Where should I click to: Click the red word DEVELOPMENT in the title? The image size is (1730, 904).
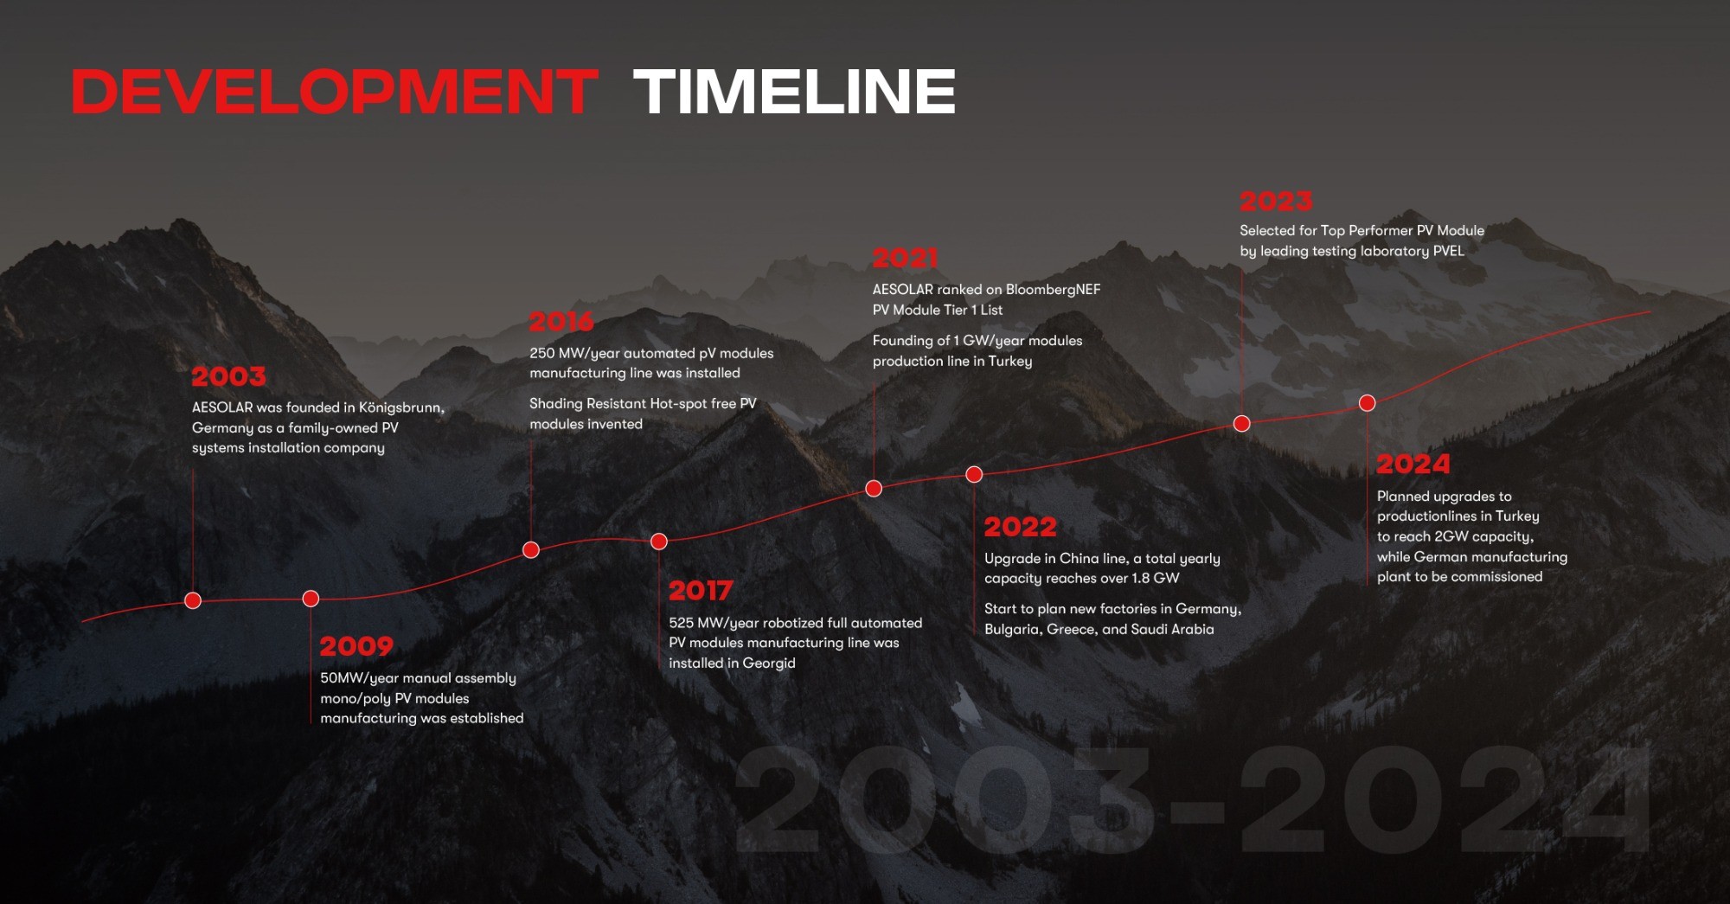click(335, 92)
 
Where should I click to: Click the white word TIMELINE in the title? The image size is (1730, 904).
click(795, 92)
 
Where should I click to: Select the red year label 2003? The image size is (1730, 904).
click(228, 376)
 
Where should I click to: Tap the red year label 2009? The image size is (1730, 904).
click(356, 646)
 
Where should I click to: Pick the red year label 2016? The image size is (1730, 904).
click(561, 322)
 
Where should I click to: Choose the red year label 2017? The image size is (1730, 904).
click(701, 591)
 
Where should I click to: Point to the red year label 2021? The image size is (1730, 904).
click(905, 258)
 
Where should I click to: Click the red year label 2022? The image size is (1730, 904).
click(1021, 527)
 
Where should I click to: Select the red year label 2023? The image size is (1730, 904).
click(1276, 202)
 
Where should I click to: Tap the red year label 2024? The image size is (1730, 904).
click(1413, 464)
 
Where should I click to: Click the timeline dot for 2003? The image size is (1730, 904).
click(193, 600)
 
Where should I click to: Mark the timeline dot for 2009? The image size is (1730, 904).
click(311, 599)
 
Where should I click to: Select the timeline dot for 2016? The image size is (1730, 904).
click(531, 549)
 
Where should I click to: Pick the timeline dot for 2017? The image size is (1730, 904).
click(659, 542)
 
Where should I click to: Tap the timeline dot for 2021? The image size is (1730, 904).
click(874, 489)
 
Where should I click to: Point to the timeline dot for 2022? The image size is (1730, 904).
click(974, 474)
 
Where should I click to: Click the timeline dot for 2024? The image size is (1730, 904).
click(1367, 403)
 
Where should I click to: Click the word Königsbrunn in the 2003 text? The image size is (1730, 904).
click(401, 407)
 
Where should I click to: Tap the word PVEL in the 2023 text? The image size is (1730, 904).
click(1449, 251)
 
